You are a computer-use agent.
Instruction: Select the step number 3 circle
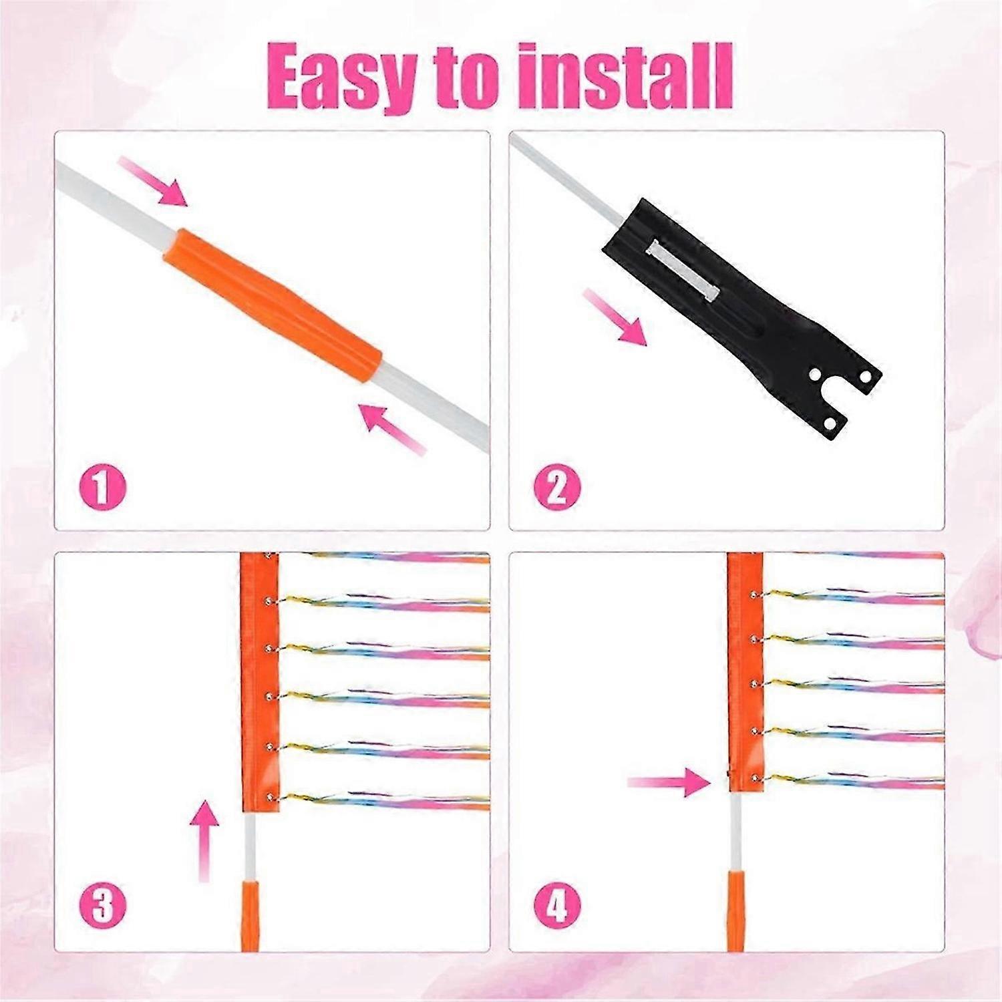tap(102, 907)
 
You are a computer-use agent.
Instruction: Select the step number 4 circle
tap(557, 907)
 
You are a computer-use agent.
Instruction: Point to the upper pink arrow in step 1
tap(153, 181)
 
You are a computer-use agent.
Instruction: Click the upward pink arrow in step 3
tap(204, 841)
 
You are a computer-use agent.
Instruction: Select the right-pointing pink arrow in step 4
tap(669, 782)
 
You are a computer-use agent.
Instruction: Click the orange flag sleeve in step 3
tap(259, 683)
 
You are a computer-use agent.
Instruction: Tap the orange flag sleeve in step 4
tap(745, 672)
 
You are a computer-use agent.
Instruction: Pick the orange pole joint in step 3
tap(250, 916)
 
